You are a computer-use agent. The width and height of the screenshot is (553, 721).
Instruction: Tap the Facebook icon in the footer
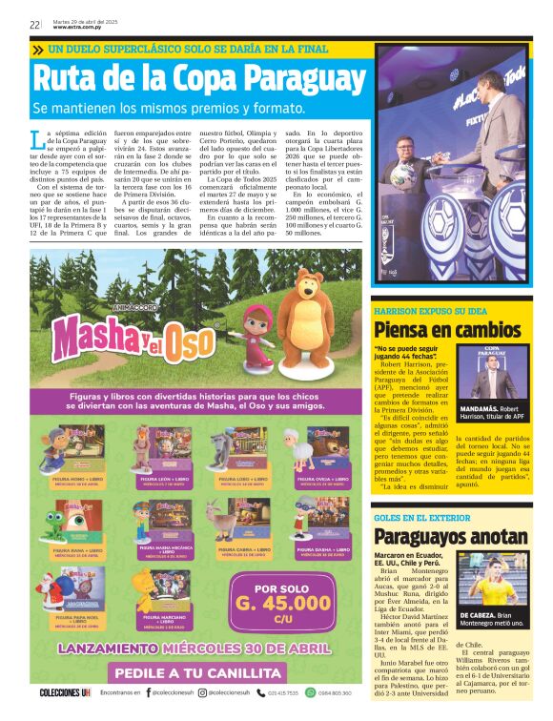148,692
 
